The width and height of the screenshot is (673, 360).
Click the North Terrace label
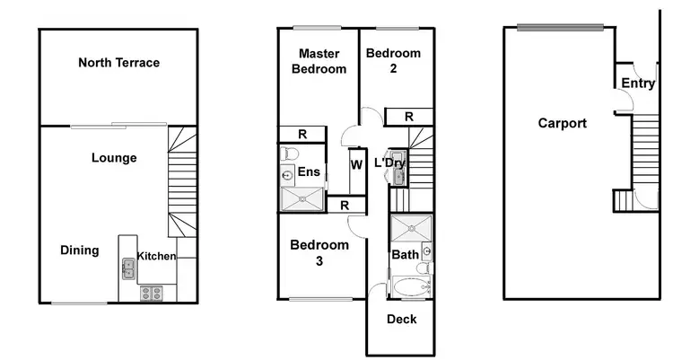(118, 63)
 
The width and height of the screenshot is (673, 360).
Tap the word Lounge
(114, 158)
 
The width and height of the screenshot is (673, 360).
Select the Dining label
(80, 250)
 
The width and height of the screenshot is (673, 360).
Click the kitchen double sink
(128, 266)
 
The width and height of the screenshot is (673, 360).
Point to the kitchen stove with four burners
(150, 292)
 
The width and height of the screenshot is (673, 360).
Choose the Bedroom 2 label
(393, 61)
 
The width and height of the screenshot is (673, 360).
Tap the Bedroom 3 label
(319, 252)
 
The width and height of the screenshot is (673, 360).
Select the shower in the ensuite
(302, 198)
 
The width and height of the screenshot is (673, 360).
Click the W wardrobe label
(356, 164)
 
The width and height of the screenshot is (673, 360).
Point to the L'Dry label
(389, 163)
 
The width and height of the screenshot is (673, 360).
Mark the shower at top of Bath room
(410, 228)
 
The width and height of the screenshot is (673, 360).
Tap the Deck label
(401, 320)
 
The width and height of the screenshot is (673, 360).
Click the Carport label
(562, 123)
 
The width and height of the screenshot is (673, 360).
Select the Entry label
(637, 83)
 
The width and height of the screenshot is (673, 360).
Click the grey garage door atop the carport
(559, 26)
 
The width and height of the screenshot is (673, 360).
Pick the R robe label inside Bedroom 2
(408, 117)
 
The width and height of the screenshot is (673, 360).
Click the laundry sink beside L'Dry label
(397, 176)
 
